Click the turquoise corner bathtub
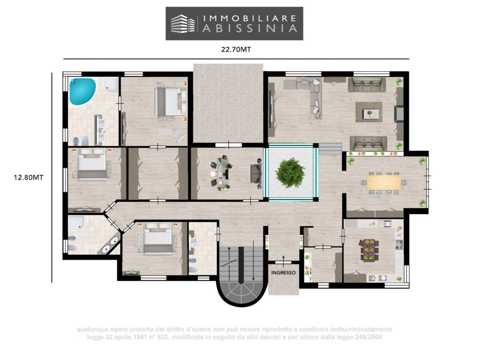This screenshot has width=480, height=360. (82, 91)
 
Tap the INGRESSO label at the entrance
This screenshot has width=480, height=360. (284, 272)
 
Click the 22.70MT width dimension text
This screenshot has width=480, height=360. (236, 49)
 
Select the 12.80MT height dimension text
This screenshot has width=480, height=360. (29, 177)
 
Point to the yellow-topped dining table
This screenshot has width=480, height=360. (383, 182)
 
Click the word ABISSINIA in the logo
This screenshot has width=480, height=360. (250, 29)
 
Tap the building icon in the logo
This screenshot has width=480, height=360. (183, 23)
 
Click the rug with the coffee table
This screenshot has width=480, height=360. (369, 112)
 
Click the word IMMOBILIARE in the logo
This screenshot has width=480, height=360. (250, 18)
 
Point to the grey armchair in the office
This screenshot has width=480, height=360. (256, 173)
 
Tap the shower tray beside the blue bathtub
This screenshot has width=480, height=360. (111, 84)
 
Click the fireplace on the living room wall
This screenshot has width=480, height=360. (399, 113)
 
